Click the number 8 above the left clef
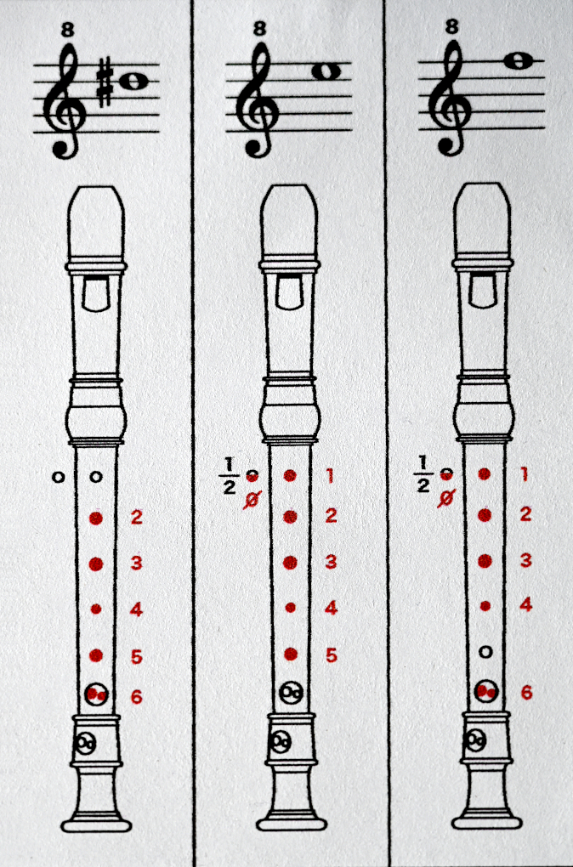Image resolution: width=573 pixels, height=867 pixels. coord(67,30)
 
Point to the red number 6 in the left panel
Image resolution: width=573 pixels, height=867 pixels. coord(137,696)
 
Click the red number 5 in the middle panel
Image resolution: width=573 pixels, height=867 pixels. coord(331,655)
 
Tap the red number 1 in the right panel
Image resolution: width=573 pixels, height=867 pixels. coord(525,474)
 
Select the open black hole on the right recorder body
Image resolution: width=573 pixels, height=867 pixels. coord(485,653)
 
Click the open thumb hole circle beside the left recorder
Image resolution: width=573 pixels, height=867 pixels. coord(58,477)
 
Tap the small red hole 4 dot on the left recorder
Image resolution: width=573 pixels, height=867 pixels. coord(96,609)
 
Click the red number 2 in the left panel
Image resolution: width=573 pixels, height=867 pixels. coord(137,518)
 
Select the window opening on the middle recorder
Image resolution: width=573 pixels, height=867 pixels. coord(289,292)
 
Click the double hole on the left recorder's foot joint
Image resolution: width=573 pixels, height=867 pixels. coord(87,743)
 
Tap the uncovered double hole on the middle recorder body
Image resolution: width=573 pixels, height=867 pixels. coord(291,693)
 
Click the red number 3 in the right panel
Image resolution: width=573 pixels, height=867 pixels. coord(525,560)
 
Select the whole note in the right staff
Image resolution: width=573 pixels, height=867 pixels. coord(518,61)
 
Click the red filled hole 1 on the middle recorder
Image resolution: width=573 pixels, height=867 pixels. coord(289,475)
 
